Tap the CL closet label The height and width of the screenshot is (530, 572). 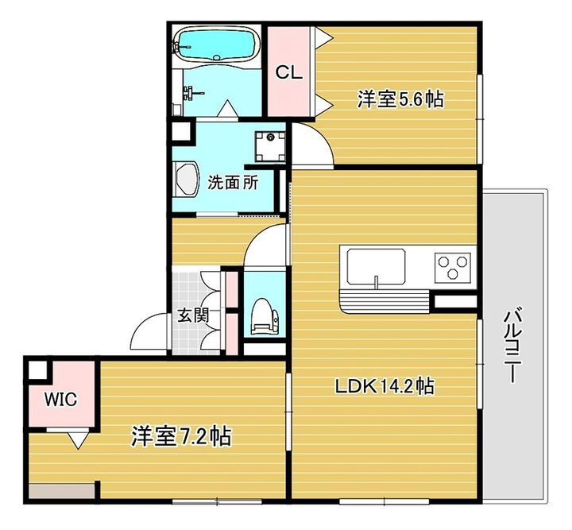(x=288, y=72)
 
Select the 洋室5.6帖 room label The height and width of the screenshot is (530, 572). (x=400, y=99)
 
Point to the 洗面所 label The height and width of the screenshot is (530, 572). (x=232, y=182)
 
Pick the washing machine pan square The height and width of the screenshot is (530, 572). (x=270, y=145)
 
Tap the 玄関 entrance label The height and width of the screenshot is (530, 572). (x=192, y=315)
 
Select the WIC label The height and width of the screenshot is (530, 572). (x=60, y=400)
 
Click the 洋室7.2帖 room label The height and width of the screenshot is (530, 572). (x=181, y=436)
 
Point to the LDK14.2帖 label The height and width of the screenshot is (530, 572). (x=384, y=387)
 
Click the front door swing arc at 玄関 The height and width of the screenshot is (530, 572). (x=147, y=330)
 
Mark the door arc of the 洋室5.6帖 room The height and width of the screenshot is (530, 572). (x=310, y=145)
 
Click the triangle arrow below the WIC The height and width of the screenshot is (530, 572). (x=78, y=439)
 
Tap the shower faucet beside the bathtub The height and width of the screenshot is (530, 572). (x=188, y=91)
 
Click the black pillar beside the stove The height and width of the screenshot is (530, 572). (x=455, y=302)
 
